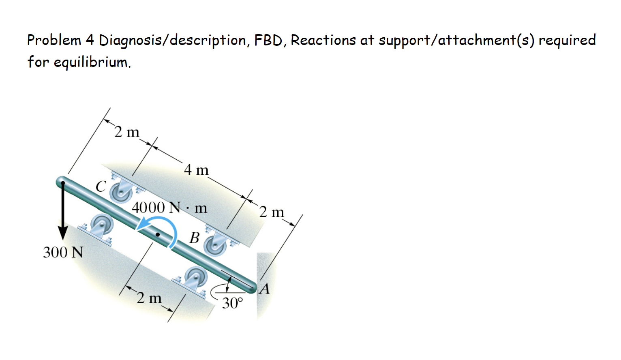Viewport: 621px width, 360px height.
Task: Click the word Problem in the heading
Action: [54, 40]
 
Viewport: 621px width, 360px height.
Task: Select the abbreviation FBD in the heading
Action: [271, 40]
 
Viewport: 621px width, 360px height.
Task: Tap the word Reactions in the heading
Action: [323, 40]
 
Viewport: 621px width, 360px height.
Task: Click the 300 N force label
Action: [63, 252]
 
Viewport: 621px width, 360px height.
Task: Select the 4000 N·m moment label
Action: [169, 208]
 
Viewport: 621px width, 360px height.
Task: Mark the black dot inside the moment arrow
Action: [158, 234]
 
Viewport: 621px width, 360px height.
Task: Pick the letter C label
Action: [101, 186]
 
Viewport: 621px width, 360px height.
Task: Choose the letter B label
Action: [195, 238]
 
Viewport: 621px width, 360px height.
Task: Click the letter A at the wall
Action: [265, 289]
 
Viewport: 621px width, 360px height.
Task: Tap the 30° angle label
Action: [233, 303]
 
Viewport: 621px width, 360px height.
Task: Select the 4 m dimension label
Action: [196, 169]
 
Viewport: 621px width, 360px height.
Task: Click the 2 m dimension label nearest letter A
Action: [272, 212]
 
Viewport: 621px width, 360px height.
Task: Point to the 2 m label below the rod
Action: [149, 298]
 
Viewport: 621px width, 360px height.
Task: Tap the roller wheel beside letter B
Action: [215, 245]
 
